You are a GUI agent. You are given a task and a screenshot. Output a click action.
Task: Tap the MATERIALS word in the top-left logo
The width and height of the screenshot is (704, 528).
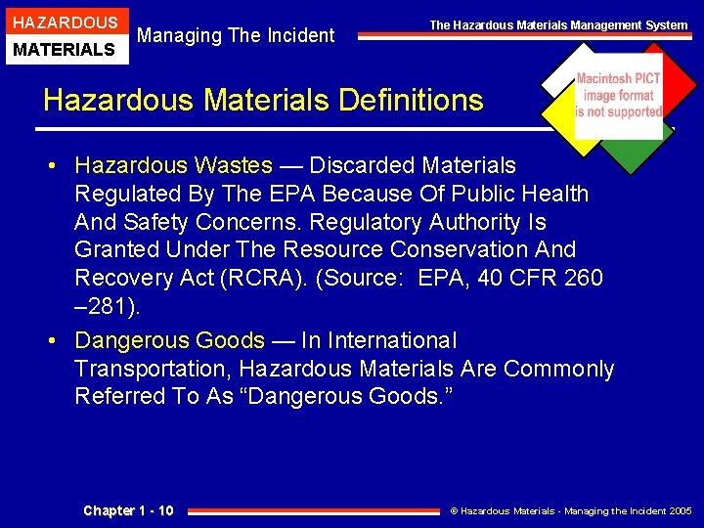tap(66, 49)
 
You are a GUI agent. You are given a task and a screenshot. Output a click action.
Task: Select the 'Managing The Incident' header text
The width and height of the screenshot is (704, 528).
tap(236, 36)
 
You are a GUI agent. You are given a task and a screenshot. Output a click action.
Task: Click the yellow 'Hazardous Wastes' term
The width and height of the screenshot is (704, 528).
tap(173, 165)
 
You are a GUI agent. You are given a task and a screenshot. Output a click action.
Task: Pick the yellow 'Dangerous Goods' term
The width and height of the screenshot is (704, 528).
tap(169, 340)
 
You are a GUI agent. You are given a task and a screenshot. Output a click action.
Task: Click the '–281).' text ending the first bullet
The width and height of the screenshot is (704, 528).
tap(108, 306)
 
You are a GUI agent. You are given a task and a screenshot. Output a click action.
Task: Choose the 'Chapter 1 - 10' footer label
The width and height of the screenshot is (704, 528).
tap(128, 510)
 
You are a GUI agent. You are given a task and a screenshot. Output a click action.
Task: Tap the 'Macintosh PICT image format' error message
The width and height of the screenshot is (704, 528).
tap(618, 96)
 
